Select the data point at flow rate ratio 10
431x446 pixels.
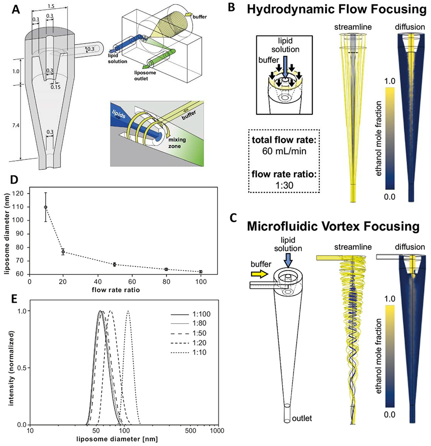click(46, 207)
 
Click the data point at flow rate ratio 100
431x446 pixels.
click(201, 272)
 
